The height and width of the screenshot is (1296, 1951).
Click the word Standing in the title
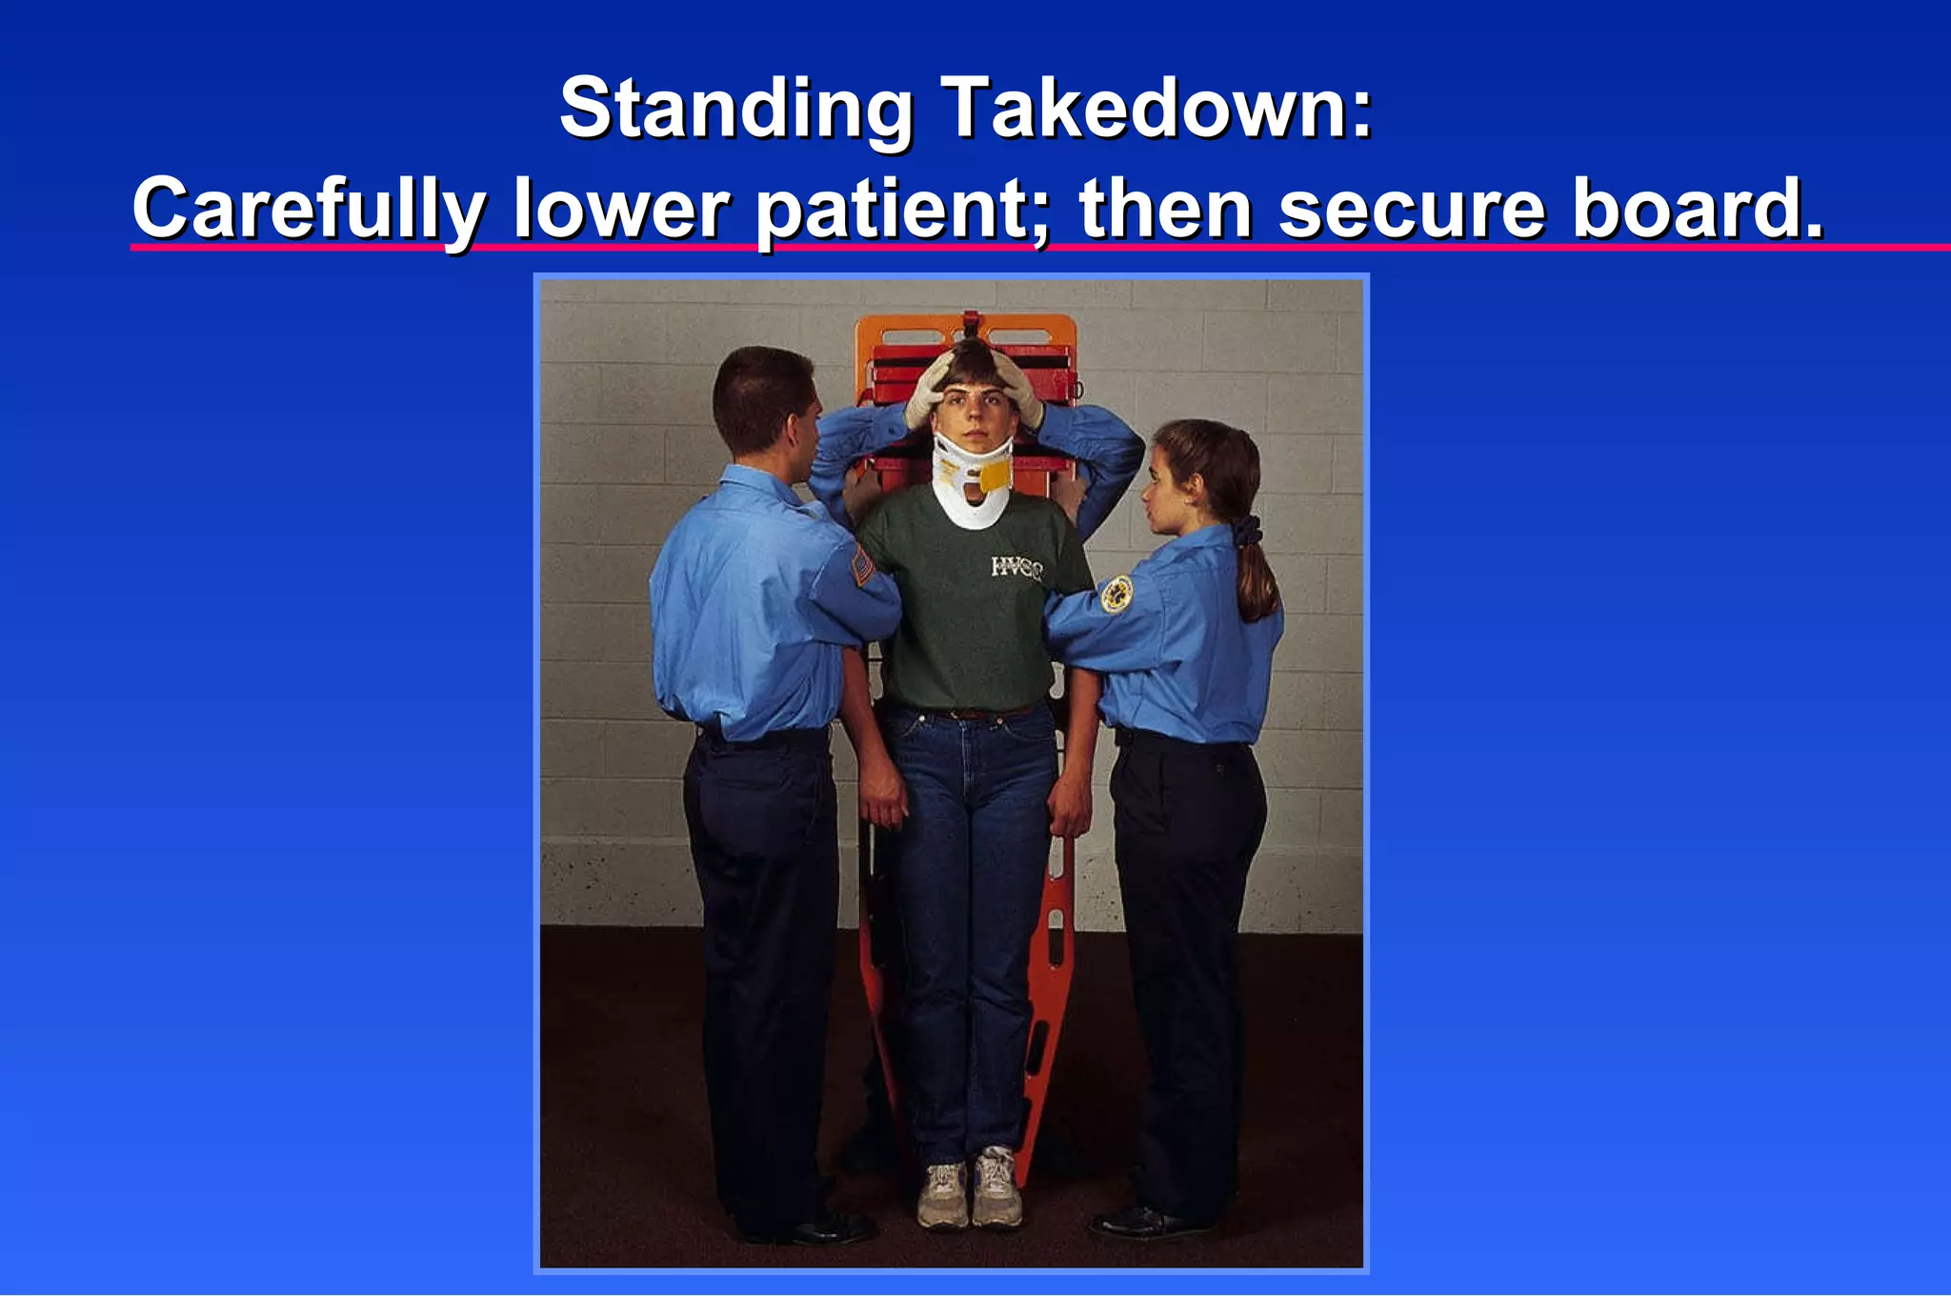coord(735,110)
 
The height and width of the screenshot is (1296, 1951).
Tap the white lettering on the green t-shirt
coord(1016,568)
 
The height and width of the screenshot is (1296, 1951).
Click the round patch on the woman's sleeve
coord(1116,594)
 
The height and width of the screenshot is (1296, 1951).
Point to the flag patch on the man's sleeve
coord(862,567)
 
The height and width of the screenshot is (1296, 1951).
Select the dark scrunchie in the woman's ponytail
coord(1248,530)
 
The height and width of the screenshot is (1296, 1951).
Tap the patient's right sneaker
coord(942,1195)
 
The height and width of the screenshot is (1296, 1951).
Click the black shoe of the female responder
coord(1138,1222)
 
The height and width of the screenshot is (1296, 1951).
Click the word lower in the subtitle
coord(621,210)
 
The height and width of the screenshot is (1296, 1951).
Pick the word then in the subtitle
coord(1165,210)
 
